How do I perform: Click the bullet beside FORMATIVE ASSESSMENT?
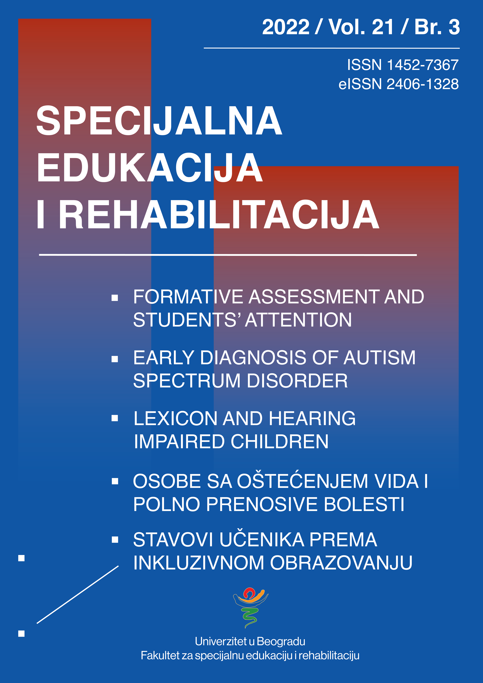[115, 297]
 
